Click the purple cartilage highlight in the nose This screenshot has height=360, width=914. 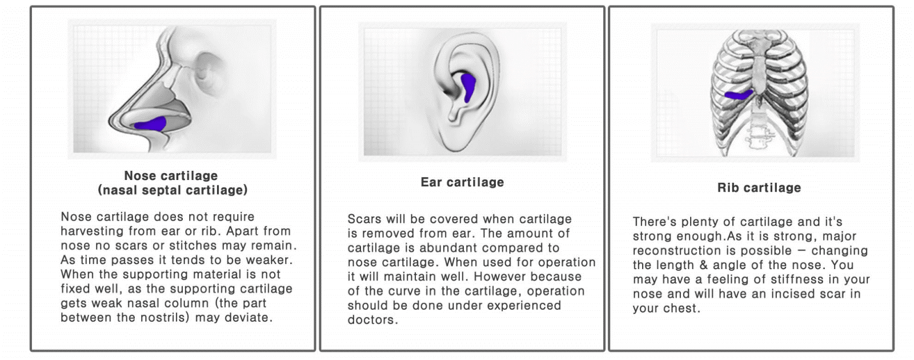pos(151,124)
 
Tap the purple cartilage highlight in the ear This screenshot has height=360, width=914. pos(468,87)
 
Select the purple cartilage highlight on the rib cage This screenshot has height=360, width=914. pos(739,95)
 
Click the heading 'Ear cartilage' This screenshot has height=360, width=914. pos(462,182)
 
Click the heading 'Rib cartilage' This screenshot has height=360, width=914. pos(759,188)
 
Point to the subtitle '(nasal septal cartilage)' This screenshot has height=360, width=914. pos(173,190)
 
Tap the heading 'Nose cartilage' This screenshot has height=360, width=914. pos(171,175)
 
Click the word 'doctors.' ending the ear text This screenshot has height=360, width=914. pos(372,319)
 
